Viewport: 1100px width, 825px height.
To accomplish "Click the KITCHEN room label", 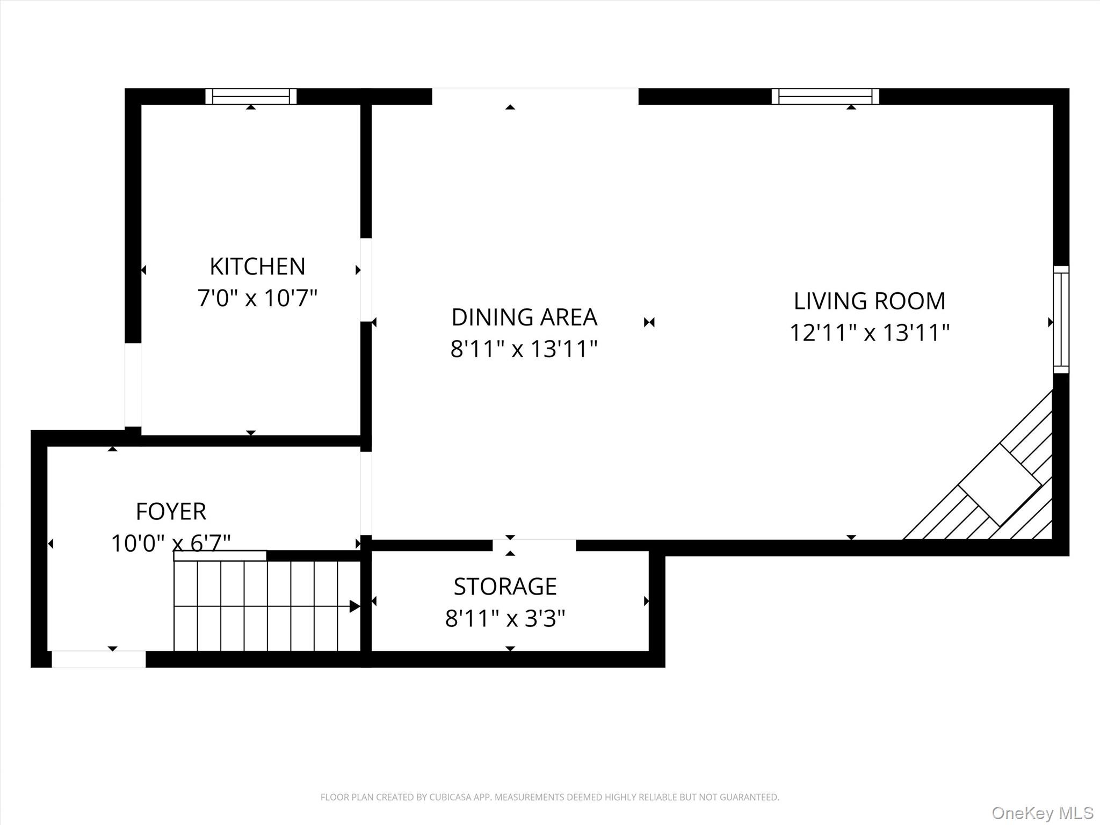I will point(257,266).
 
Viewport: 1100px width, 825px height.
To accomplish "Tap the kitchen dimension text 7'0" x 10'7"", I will point(257,298).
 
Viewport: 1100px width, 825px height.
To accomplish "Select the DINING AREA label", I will point(524,317).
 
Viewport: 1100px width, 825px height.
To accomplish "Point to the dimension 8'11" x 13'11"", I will point(524,349).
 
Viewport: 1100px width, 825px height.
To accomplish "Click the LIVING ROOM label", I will point(870,301).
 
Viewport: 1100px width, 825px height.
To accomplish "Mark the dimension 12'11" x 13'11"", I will point(870,333).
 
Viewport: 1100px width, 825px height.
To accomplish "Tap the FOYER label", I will point(171,511).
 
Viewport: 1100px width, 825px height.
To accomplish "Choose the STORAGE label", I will point(505,587).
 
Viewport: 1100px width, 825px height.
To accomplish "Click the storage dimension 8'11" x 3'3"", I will point(505,619).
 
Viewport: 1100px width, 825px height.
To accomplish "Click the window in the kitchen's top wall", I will point(251,97).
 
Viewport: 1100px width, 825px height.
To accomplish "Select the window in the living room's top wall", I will point(826,97).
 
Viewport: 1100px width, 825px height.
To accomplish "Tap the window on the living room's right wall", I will point(1061,320).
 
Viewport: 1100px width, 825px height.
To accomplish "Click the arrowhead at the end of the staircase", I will point(354,606).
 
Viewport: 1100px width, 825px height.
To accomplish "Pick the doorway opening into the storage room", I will point(534,545).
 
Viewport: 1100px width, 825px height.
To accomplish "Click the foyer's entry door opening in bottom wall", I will point(98,659).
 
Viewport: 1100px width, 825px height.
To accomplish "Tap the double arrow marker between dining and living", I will point(649,322).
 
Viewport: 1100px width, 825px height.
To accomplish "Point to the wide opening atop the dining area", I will point(535,96).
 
